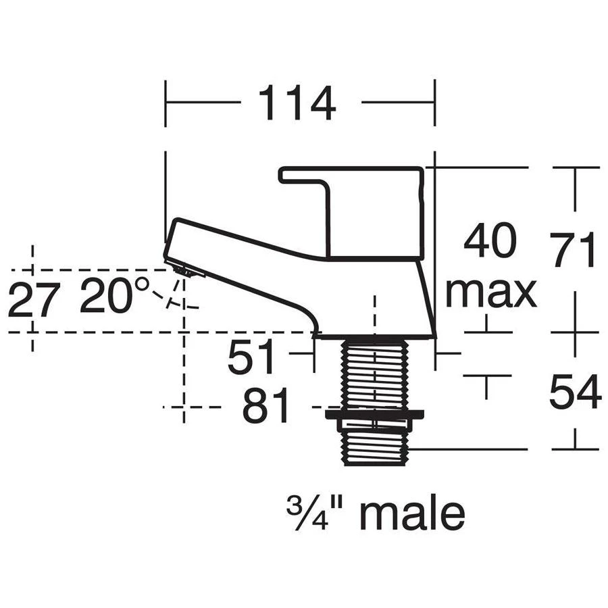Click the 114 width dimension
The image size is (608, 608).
click(297, 103)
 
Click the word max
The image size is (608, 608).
click(490, 293)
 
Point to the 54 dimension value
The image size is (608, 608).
click(575, 392)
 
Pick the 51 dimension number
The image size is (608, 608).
click(252, 357)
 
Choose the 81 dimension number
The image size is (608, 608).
click(266, 406)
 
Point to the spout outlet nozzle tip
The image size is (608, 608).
click(186, 270)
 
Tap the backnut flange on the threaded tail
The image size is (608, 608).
click(374, 415)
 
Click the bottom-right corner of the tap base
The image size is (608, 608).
click(434, 336)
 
